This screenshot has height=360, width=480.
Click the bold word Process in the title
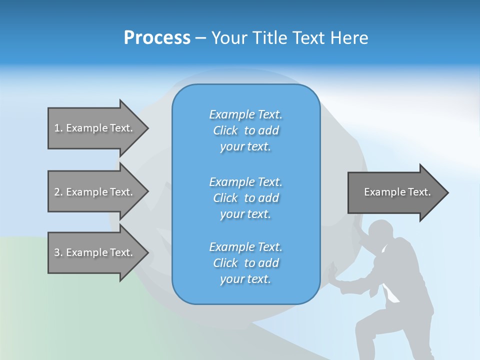(157, 38)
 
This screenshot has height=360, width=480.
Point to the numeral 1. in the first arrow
(58, 128)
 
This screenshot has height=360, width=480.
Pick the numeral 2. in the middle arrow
(58, 192)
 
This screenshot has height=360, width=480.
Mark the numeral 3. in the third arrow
(58, 252)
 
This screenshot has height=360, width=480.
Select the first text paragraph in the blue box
(245, 130)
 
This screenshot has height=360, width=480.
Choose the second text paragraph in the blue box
(245, 198)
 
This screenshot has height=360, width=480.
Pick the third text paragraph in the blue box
(245, 263)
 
